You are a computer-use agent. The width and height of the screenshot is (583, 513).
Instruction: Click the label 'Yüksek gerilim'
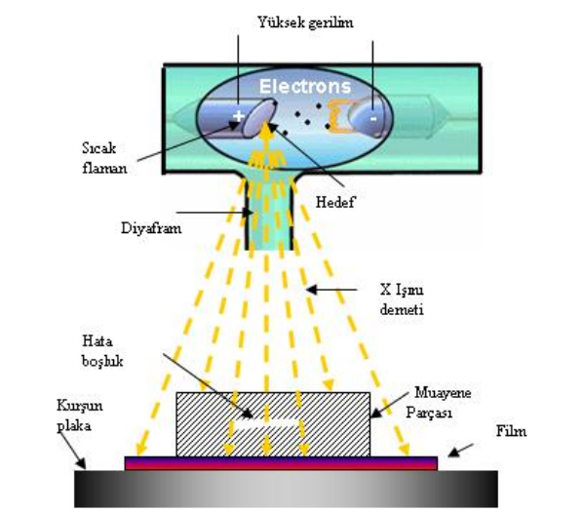pos(305,23)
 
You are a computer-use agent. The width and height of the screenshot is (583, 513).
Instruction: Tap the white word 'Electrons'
pos(305,86)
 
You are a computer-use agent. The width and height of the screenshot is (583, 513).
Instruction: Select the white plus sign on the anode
pos(238,116)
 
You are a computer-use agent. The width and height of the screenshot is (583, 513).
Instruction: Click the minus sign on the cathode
pos(373,119)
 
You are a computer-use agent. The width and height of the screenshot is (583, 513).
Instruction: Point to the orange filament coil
pos(338,116)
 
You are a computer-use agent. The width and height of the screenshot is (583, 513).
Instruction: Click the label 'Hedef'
pos(335,202)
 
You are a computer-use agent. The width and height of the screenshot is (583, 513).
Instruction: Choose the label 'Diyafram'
pos(151,228)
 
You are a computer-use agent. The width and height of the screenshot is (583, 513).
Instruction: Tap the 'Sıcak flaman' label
pos(104,158)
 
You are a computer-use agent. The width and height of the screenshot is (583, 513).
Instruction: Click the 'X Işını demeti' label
pos(402,299)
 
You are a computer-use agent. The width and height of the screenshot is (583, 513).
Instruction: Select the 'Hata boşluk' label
pos(102,351)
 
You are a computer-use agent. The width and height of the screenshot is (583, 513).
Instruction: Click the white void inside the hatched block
pos(269,423)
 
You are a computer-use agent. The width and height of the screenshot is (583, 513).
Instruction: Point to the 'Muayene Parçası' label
pos(439,402)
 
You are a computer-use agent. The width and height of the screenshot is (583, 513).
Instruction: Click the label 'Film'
pos(511,431)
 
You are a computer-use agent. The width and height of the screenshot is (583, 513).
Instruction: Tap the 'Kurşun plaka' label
pos(80,415)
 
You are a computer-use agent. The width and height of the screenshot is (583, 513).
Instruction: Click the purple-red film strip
pos(281,463)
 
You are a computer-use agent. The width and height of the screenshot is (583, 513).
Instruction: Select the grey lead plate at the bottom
pos(286,489)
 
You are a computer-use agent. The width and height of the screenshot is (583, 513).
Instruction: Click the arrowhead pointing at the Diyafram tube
pos(248,213)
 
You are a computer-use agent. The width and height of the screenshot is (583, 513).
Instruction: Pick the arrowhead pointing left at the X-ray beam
pos(312,290)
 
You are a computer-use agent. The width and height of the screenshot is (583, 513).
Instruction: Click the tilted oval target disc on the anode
pos(259,118)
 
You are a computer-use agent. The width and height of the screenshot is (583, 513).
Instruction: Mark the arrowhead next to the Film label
pos(454,452)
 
